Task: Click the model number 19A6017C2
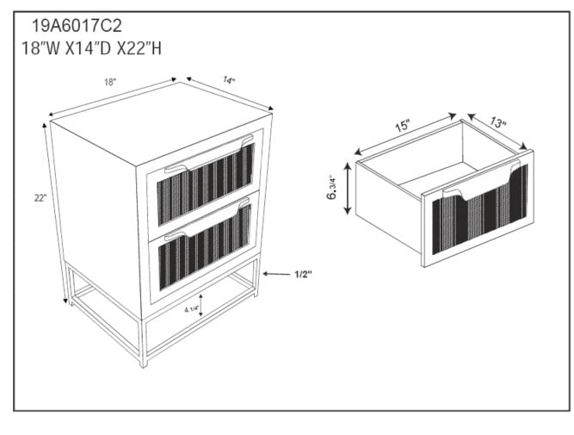tap(77, 26)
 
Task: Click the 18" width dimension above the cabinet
tap(110, 82)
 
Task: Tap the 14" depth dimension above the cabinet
tap(229, 80)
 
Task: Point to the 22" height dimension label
tap(40, 198)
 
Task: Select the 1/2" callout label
tap(304, 274)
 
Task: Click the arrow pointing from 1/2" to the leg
tap(276, 274)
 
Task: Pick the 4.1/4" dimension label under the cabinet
tap(191, 310)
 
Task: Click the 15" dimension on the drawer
tap(403, 126)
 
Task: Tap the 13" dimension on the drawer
tap(498, 122)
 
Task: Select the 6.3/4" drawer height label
tap(331, 187)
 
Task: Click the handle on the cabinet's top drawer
tap(208, 154)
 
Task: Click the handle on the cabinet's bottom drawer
tap(207, 220)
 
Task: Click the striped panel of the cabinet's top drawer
tap(206, 184)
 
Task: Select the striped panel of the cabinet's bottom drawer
tap(205, 247)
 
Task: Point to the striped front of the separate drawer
tap(480, 209)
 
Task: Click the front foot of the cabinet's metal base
tap(144, 363)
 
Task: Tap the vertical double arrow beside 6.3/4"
tap(348, 189)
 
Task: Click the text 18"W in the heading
tap(40, 48)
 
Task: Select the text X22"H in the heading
tap(139, 48)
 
